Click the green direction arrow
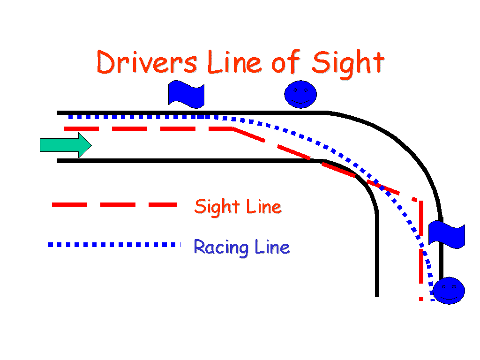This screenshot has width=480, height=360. coord(65,145)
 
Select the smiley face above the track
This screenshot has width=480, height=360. coord(300,94)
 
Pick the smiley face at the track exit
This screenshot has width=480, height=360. coord(449,291)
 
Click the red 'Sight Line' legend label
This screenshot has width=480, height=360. coord(238,206)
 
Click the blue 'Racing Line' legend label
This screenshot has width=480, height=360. coord(241,247)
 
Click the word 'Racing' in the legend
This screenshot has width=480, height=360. coord(221,247)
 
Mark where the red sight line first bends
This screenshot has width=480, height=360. coord(233,128)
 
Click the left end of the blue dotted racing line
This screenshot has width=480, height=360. coord(69,117)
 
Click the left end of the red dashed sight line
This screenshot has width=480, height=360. coord(65,128)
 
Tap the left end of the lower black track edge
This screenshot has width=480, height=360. coord(58,161)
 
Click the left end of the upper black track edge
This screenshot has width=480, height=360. coord(58,112)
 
